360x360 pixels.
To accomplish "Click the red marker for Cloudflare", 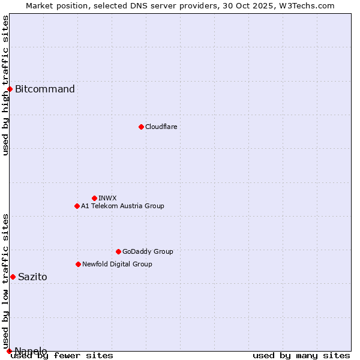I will [141, 127].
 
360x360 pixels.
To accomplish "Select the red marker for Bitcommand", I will [10, 89].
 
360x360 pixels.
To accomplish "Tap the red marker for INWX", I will [94, 198].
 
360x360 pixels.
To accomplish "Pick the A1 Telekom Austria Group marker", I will [77, 206].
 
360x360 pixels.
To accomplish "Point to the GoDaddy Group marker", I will [118, 251].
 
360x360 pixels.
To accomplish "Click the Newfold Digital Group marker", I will [78, 264].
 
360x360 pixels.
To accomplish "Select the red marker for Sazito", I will [13, 277].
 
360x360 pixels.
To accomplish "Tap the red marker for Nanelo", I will [9, 351].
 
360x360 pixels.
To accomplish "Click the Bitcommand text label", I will [45, 89].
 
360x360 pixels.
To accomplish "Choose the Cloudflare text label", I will [161, 127].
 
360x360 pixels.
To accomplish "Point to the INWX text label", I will [107, 198].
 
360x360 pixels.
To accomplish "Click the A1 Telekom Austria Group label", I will [122, 206].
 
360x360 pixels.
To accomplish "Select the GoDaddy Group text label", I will [148, 251].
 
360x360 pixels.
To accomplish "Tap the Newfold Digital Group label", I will [117, 264].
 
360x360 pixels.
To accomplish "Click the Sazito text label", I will [32, 277].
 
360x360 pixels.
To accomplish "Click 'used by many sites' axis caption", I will [301, 356].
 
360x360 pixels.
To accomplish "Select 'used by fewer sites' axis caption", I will [62, 356].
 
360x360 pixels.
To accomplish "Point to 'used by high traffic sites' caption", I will [5, 85].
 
